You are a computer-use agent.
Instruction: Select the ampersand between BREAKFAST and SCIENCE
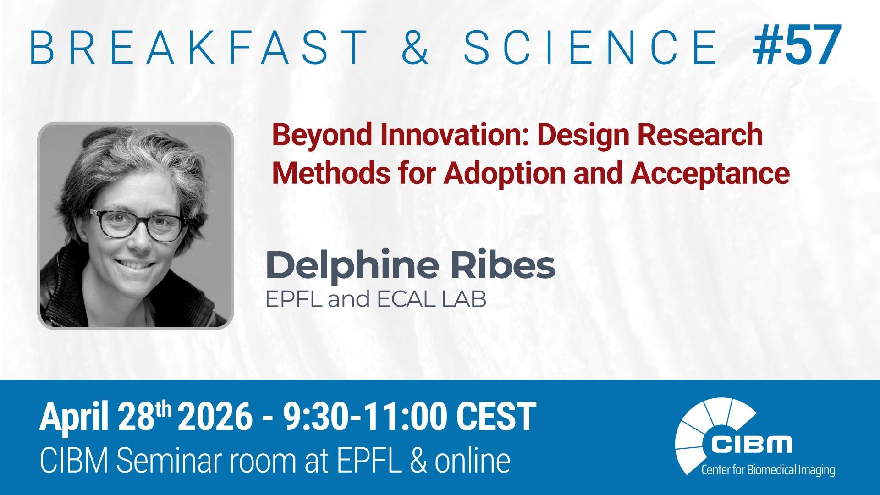click(416, 47)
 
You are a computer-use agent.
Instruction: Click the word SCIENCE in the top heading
click(590, 47)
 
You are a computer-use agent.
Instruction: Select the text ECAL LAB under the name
click(431, 300)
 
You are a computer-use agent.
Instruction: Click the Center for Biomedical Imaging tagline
click(768, 470)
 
